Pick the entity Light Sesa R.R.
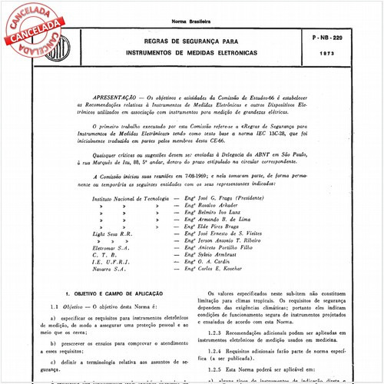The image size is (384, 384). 112,234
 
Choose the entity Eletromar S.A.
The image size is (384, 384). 111,249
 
